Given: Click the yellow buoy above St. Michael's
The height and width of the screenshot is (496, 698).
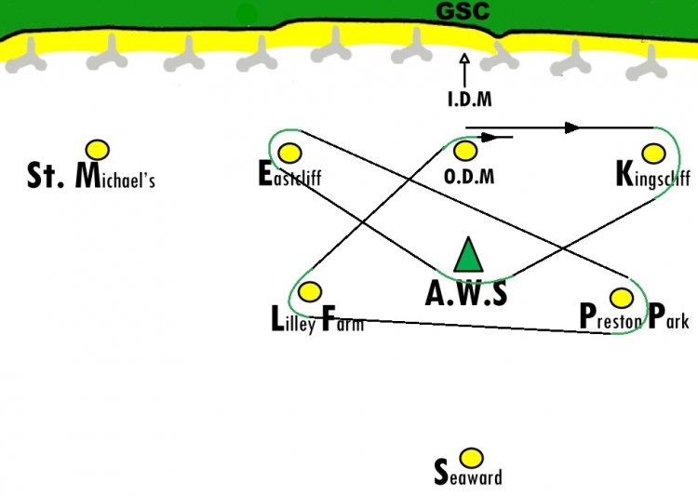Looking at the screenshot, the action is tap(98, 150).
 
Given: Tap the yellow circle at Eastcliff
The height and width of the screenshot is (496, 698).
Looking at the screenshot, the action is tap(289, 154).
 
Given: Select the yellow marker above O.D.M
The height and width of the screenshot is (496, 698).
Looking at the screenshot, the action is tap(465, 151).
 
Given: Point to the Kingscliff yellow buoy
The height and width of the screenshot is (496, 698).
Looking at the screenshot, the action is tap(654, 154).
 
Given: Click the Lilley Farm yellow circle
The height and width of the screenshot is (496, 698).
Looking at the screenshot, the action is tap(310, 291).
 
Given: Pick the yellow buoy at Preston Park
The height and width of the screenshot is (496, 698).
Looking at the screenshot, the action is tap(622, 298).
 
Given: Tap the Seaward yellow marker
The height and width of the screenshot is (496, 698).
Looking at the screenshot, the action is tap(471, 458).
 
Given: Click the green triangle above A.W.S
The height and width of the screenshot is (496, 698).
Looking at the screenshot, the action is tap(468, 255).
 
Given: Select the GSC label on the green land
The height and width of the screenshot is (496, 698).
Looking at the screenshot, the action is tap(463, 11).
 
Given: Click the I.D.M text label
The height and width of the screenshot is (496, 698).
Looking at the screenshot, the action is tap(470, 100).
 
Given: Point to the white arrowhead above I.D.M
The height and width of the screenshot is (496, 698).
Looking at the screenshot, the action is tap(464, 60).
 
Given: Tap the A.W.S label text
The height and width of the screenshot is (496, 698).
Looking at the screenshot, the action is tap(466, 294).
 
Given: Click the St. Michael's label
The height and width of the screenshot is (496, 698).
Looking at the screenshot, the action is tap(91, 176).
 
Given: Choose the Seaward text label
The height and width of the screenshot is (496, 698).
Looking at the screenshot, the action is tap(468, 473).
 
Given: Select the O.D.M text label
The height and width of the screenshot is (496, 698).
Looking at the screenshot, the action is tap(469, 177).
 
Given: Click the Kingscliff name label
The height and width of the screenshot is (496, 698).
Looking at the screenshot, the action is tap(653, 175).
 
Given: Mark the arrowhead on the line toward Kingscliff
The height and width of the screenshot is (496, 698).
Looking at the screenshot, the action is tap(572, 127).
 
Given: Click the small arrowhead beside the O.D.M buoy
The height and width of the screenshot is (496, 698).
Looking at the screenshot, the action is tap(489, 137).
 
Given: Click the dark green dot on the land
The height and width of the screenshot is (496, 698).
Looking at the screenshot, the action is tap(247, 16).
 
